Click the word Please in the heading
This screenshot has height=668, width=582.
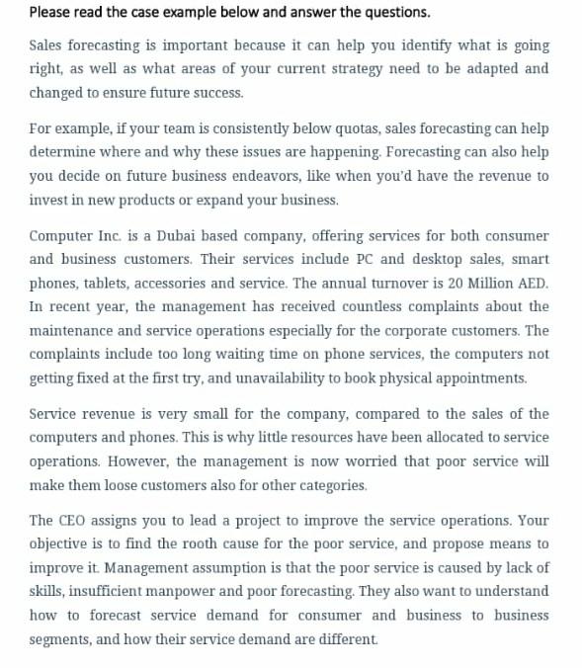(x=49, y=13)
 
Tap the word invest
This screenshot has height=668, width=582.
(x=48, y=200)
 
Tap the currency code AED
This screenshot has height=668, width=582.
(x=530, y=284)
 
